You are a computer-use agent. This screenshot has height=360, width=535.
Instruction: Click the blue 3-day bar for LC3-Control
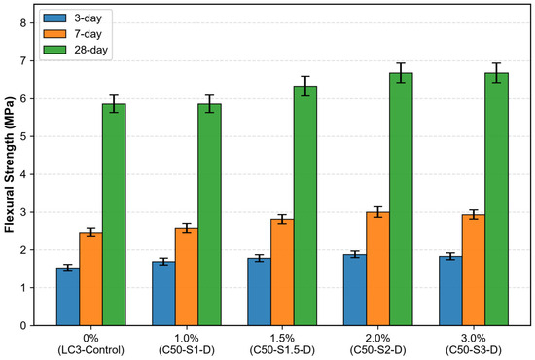68,297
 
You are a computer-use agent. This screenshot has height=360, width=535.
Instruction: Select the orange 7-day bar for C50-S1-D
187,276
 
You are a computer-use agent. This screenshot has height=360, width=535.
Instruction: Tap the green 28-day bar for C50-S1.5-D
305,205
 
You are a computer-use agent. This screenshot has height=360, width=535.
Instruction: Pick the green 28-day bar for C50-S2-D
401,199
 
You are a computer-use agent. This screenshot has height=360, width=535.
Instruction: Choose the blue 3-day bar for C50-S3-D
450,291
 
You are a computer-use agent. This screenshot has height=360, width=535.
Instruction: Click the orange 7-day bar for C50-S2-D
377,269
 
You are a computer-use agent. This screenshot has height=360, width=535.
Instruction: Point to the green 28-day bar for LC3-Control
114,215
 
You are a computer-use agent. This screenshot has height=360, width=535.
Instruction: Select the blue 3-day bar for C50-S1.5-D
260,292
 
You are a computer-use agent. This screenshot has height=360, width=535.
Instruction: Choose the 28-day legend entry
76,50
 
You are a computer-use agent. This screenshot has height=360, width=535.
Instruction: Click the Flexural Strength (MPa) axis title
10,164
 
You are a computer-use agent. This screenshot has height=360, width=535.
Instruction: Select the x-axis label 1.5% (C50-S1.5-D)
282,344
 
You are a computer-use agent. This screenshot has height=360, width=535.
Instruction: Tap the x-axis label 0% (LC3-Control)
90,344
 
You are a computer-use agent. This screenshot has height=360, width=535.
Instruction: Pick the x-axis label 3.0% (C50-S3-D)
474,344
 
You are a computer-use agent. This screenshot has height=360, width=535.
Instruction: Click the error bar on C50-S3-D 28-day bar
496,73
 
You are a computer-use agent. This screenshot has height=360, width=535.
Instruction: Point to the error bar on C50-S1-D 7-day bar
187,228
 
